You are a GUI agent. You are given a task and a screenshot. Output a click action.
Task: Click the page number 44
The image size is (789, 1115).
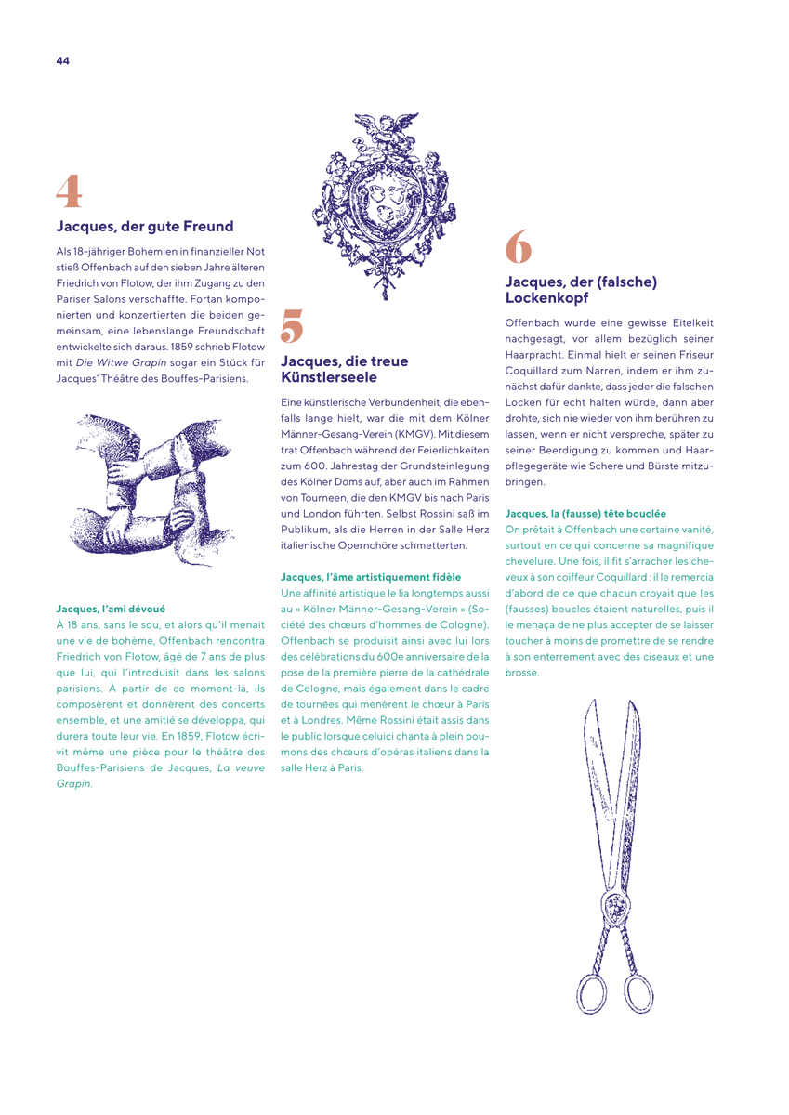click(x=62, y=60)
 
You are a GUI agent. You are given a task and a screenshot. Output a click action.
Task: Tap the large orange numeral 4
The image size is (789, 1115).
click(x=69, y=190)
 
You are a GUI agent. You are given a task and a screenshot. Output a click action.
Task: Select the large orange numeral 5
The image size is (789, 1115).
click(x=292, y=325)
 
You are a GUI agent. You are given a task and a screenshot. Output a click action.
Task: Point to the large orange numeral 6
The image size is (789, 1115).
click(x=519, y=246)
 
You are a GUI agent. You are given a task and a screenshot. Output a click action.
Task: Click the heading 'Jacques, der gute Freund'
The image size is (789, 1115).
click(x=145, y=227)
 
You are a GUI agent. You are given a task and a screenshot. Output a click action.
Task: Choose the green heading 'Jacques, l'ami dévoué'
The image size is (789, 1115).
click(x=111, y=609)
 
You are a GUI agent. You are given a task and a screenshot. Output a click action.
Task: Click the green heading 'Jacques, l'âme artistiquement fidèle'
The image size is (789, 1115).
click(x=371, y=577)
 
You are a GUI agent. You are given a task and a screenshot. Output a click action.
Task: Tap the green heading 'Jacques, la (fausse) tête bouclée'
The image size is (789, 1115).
click(x=585, y=513)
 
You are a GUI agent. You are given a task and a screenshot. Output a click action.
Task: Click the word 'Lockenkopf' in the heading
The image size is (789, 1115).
click(x=546, y=297)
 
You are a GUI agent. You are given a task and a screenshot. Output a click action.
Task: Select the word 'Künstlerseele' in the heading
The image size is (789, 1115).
click(x=329, y=377)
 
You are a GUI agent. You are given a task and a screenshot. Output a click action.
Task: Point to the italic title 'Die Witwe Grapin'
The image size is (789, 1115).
click(x=121, y=362)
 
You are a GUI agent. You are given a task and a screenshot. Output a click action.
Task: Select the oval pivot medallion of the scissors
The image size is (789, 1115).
click(x=617, y=905)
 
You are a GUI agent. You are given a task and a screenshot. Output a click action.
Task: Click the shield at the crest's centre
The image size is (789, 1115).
click(x=385, y=203)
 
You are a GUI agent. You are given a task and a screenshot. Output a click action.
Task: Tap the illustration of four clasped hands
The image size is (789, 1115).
click(x=151, y=491)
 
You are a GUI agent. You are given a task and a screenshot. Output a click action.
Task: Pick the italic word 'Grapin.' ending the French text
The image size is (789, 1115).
click(x=74, y=783)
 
